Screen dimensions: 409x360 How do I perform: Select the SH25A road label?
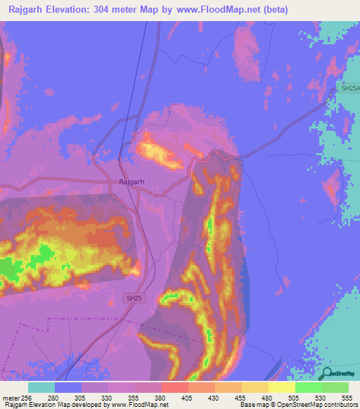click(x=349, y=89)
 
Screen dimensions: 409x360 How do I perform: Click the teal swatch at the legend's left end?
click(x=41, y=387)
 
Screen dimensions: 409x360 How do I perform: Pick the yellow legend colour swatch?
click(x=281, y=387)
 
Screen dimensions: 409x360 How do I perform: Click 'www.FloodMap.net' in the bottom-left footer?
click(x=144, y=405)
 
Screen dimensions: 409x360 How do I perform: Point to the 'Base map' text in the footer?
click(x=250, y=405)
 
